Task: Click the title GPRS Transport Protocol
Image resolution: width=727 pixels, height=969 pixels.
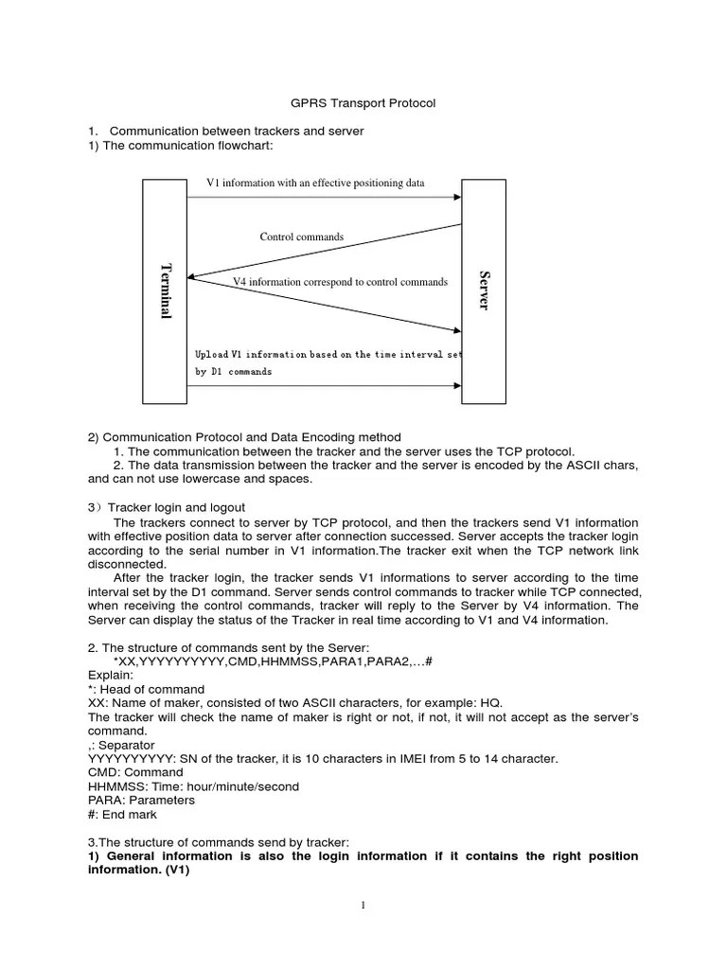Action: pyautogui.click(x=363, y=103)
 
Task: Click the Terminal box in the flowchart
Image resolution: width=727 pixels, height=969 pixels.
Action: pyautogui.click(x=165, y=291)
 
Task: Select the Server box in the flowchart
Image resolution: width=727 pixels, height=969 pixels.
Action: pyautogui.click(x=484, y=291)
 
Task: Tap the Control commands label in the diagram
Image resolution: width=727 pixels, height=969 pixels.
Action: pyautogui.click(x=302, y=237)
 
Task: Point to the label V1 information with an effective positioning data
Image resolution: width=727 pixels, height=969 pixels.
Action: pyautogui.click(x=315, y=183)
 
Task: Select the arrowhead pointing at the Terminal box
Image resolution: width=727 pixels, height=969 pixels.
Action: pyautogui.click(x=193, y=277)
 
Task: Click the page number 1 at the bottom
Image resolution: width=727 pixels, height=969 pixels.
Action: pyautogui.click(x=363, y=905)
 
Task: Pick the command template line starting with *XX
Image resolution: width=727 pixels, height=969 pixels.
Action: pyautogui.click(x=272, y=661)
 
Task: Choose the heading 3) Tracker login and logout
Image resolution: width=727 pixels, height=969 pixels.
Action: pyautogui.click(x=167, y=507)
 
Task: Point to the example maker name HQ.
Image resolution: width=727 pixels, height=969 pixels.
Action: pyautogui.click(x=492, y=703)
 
